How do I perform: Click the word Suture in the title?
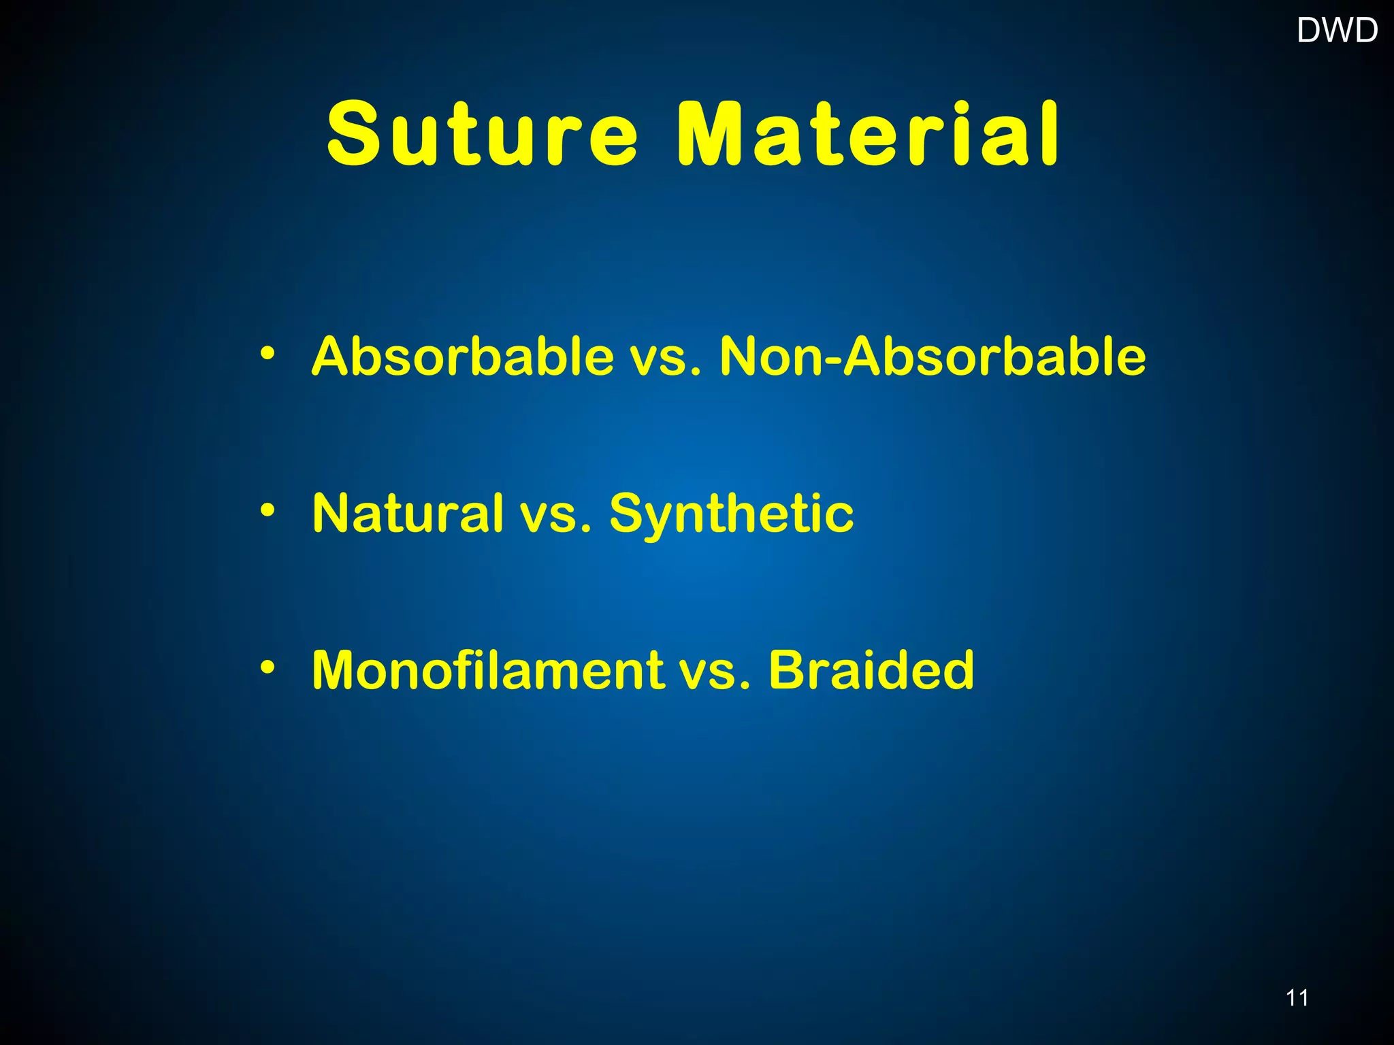click(482, 134)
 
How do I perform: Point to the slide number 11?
click(1297, 998)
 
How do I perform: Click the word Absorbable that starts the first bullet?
click(463, 356)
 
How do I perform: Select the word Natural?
click(408, 513)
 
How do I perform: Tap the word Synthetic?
click(731, 514)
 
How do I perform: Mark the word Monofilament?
click(487, 670)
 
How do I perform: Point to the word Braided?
click(871, 670)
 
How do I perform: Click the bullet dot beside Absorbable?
click(268, 353)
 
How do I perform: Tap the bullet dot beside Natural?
click(268, 510)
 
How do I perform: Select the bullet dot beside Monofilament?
click(268, 667)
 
